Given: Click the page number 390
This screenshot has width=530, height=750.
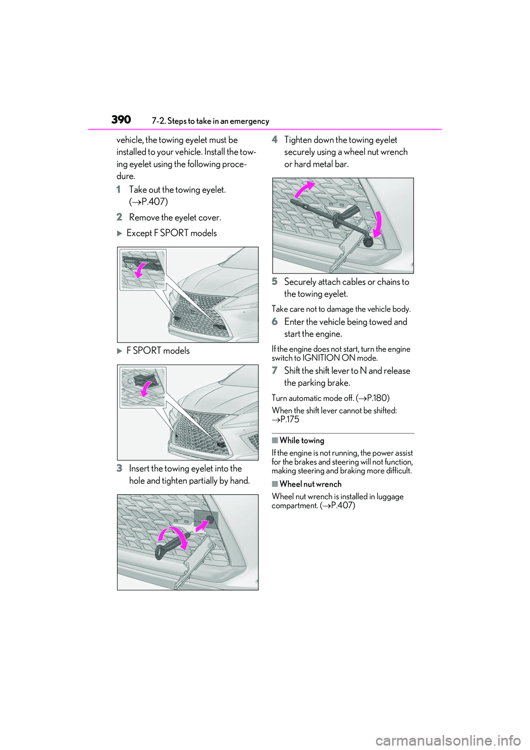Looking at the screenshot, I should pyautogui.click(x=121, y=120).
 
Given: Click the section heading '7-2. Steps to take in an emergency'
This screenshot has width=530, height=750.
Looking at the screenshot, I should pyautogui.click(x=210, y=122).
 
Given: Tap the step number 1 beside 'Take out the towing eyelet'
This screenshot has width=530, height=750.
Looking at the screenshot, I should pyautogui.click(x=119, y=190).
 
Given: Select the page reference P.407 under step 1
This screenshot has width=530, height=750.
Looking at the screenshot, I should pyautogui.click(x=154, y=202).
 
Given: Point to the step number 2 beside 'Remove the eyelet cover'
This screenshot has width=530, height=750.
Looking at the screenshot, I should pyautogui.click(x=119, y=218).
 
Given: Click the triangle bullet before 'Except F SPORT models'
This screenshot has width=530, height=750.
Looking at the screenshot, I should pyautogui.click(x=120, y=234).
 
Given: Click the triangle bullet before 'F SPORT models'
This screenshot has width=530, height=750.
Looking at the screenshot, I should pyautogui.click(x=120, y=351).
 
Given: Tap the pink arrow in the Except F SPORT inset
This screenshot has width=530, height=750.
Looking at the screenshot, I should pyautogui.click(x=142, y=270).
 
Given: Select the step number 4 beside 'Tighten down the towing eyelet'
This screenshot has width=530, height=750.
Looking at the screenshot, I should pyautogui.click(x=274, y=140).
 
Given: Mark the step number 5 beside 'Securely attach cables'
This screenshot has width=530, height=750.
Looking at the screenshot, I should pyautogui.click(x=274, y=282).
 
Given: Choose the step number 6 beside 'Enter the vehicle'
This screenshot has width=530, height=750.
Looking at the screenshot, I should pyautogui.click(x=274, y=322).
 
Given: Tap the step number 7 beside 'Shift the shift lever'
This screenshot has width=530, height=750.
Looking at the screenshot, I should pyautogui.click(x=274, y=371).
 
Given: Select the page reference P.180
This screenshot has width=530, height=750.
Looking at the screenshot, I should pyautogui.click(x=377, y=398).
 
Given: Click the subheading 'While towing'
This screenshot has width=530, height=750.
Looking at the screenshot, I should pyautogui.click(x=301, y=441).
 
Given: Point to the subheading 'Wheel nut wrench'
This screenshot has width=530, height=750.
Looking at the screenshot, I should pyautogui.click(x=310, y=484).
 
